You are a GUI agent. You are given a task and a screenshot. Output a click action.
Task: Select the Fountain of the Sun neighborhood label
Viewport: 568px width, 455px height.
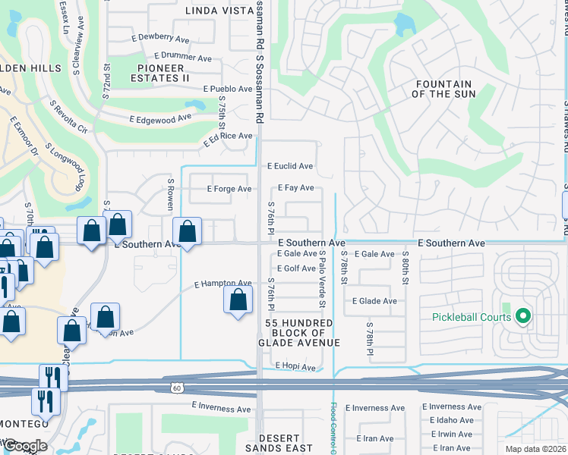tap(443, 89)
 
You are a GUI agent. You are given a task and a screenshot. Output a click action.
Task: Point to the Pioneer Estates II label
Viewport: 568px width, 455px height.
tap(160, 73)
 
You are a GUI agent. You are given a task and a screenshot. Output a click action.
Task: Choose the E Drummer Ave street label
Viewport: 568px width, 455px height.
tap(183, 56)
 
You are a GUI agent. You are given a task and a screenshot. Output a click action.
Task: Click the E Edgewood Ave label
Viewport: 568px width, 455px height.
tap(160, 119)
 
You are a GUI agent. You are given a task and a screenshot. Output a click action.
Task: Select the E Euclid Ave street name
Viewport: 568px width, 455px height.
tap(290, 166)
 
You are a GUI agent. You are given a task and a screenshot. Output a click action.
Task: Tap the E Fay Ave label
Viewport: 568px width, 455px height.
tap(295, 187)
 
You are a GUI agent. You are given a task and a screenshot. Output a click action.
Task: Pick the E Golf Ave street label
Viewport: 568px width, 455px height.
tap(296, 268)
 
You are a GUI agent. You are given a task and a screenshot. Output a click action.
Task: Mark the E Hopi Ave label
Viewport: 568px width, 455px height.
tap(295, 367)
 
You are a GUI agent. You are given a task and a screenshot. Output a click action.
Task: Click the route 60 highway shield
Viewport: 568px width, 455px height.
tap(175, 388)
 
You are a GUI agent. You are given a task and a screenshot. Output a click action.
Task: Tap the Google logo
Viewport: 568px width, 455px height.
tap(25, 447)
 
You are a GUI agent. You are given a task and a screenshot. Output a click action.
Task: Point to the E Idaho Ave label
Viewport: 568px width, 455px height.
tap(455, 420)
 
